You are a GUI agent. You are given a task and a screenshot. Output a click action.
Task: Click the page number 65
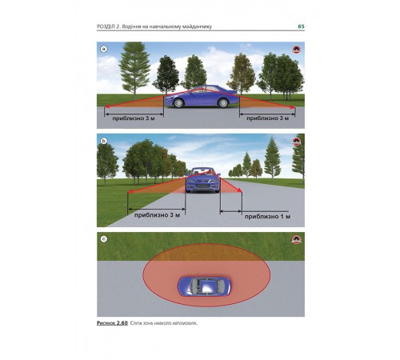coord(301,26)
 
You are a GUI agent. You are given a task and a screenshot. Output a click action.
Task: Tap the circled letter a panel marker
coord(103,49)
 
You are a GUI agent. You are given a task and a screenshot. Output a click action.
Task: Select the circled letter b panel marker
coord(103,141)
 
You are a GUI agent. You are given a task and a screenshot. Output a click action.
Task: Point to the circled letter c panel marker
coord(103,239)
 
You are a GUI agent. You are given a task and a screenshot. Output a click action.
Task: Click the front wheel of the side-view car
coord(178,102)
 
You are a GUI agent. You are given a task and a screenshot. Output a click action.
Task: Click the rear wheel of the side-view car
coord(222,102)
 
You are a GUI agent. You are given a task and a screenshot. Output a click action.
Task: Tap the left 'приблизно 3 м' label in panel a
coord(134,118)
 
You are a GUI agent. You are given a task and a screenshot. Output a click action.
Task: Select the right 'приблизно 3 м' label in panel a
coord(267,118)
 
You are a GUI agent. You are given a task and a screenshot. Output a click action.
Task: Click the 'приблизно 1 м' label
coord(267,217)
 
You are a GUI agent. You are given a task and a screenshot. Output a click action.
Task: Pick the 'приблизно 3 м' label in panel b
coord(157,215)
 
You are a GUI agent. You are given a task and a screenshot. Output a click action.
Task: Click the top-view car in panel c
coord(204,286)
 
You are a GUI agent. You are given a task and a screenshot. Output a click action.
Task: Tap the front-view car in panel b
coord(203,180)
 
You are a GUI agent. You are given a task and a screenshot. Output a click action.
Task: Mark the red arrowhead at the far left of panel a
coord(106,107)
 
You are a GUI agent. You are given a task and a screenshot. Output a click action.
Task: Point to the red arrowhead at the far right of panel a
coord(293,107)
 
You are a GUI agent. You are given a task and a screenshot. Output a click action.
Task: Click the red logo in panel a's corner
coord(296,50)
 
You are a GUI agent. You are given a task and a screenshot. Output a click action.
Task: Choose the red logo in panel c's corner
coord(296,239)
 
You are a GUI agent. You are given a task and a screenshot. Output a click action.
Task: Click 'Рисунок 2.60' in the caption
coord(112,323)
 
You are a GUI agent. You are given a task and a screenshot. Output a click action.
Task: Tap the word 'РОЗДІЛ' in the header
coord(106,26)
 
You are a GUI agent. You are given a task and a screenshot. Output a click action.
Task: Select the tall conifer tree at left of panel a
coord(135,70)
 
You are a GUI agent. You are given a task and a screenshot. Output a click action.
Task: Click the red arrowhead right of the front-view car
coord(240,190)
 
